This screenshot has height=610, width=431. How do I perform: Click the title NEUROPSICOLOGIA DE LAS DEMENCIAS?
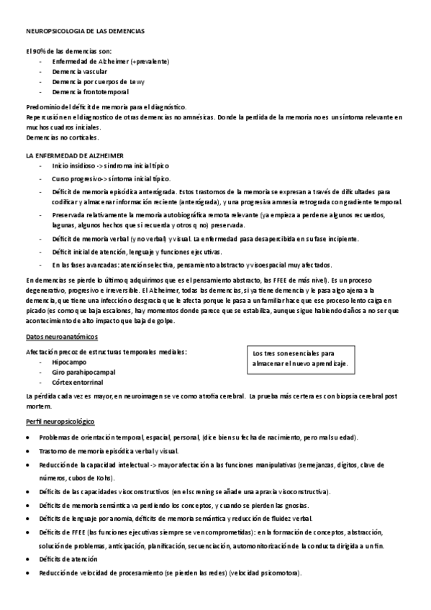point(85,32)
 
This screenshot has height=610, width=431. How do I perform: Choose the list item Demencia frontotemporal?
point(91,92)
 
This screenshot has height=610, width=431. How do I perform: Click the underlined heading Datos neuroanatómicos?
point(62,337)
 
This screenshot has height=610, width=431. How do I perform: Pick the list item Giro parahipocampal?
point(83,373)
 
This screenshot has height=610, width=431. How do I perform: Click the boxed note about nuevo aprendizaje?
point(299,359)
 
